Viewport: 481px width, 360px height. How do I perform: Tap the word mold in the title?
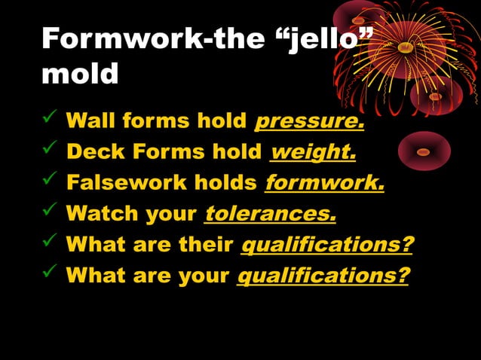[x=80, y=73]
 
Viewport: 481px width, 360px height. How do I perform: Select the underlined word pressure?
[x=310, y=121]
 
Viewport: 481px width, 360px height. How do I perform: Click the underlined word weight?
[x=313, y=152]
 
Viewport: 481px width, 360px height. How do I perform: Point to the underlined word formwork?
[x=324, y=183]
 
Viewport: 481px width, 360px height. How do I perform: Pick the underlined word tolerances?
[x=270, y=214]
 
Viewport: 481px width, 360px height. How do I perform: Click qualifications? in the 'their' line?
[x=326, y=245]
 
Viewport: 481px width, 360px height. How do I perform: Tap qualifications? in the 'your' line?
[x=323, y=276]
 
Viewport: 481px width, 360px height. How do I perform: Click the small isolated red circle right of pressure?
[x=424, y=151]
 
